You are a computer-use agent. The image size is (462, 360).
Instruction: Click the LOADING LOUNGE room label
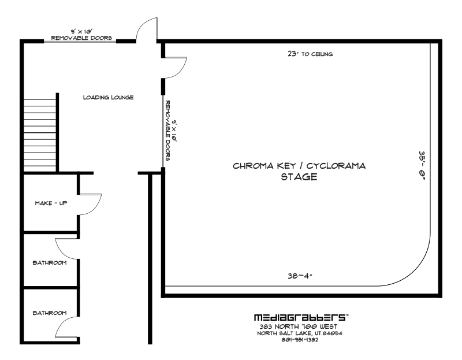(108, 97)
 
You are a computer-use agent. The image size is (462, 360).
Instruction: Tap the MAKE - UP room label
(51, 203)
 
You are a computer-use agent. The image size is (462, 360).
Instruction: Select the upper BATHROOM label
(50, 262)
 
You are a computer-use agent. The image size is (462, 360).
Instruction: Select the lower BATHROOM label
(50, 313)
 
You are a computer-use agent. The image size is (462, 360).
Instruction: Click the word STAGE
(299, 177)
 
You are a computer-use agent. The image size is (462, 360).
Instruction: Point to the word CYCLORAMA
(336, 166)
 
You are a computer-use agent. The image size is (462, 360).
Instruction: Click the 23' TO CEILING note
(310, 54)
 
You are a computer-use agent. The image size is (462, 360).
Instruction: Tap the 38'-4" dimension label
(300, 276)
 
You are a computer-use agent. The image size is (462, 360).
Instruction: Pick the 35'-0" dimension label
(422, 165)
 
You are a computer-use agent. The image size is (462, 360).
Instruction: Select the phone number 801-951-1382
(300, 340)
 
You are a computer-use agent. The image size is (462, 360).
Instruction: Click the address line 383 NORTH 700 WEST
(299, 326)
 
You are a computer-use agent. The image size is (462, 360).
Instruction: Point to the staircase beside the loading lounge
(40, 135)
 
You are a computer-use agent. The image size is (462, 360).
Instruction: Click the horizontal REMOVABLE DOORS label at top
(81, 38)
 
